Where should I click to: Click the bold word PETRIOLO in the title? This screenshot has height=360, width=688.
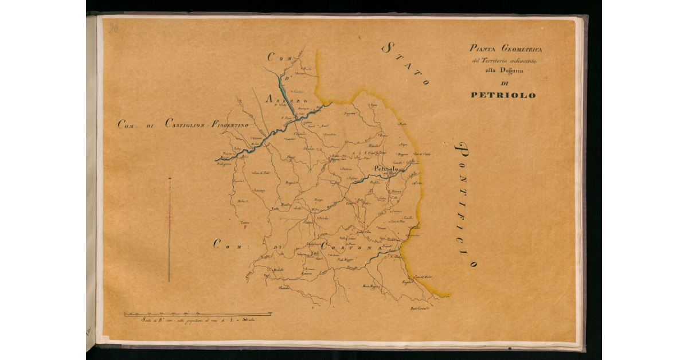pos(503,95)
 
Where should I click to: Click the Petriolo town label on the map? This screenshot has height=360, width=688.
pos(385,169)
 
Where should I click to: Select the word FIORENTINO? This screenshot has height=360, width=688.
pos(229,124)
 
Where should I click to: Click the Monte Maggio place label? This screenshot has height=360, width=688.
pos(372,285)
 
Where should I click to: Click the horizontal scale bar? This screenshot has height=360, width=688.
pos(198,314)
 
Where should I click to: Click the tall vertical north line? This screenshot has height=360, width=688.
pos(169,229)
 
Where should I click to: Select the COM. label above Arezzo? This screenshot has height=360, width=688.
pos(280,57)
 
